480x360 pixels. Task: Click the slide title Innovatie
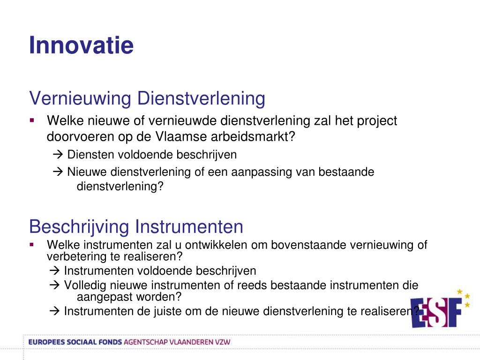click(81, 45)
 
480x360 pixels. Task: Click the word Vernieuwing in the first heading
click(80, 99)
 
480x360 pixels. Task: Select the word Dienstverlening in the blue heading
click(201, 98)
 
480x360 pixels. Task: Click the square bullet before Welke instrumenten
click(32, 245)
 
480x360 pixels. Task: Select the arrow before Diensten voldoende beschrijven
click(58, 154)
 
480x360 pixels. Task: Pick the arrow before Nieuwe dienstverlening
click(58, 172)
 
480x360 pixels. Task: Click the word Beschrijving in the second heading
click(79, 227)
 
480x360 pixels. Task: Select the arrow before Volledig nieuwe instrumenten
click(54, 285)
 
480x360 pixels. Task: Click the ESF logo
click(440, 309)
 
